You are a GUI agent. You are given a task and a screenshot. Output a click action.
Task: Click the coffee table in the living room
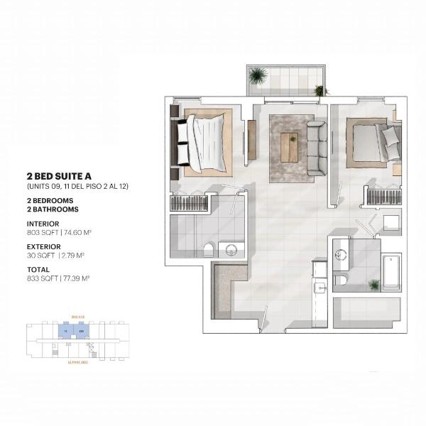(288, 147)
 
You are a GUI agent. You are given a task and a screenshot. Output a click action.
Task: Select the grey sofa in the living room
(316, 148)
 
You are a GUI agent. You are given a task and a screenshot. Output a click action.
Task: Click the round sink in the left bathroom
(229, 249)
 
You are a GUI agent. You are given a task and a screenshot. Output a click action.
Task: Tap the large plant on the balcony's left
(258, 75)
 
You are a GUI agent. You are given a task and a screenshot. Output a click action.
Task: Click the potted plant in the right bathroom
(373, 285)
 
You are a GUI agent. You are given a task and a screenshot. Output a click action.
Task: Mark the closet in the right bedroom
(383, 197)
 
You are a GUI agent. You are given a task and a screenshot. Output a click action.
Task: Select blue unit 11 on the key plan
(64, 331)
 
